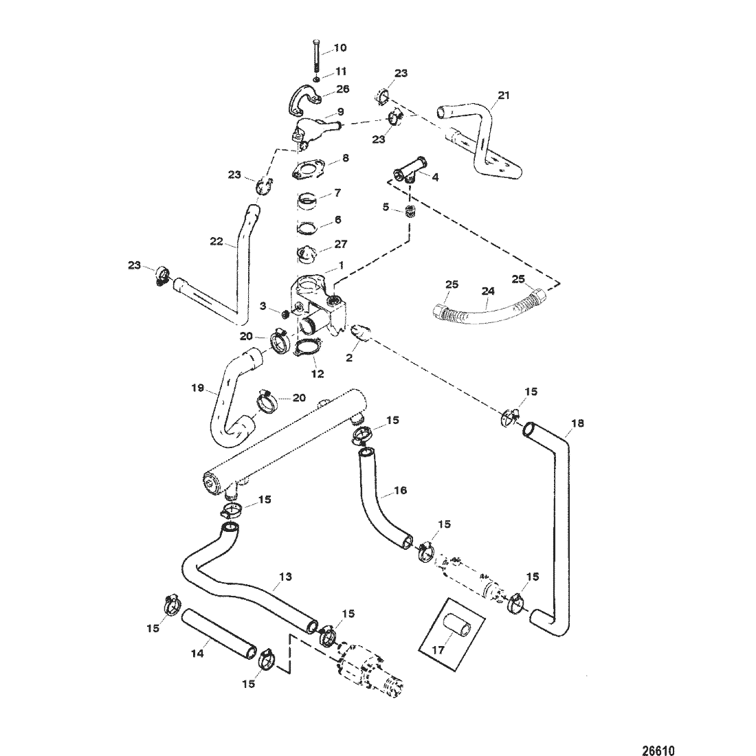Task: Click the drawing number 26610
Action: click(x=658, y=749)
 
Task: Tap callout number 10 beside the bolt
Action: click(x=340, y=47)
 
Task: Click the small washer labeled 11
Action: click(x=316, y=79)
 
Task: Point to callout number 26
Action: click(x=343, y=89)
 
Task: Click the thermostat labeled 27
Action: click(x=307, y=254)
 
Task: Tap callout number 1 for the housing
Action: click(x=341, y=265)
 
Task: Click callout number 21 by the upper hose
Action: click(x=503, y=96)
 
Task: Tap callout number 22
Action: click(x=216, y=241)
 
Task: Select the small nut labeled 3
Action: click(x=285, y=314)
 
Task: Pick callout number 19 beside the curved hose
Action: click(x=198, y=388)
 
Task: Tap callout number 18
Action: click(x=577, y=423)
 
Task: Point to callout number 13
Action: click(x=285, y=577)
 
